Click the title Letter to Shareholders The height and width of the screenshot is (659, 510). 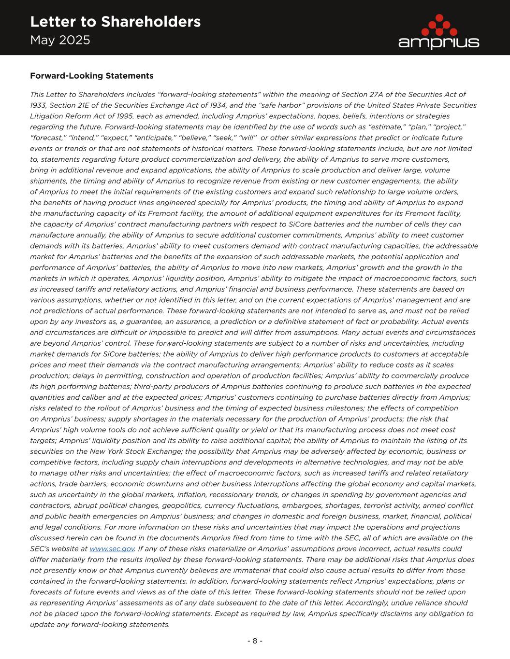(115, 22)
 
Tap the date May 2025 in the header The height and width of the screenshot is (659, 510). (60, 40)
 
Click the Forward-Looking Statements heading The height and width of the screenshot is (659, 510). (91, 76)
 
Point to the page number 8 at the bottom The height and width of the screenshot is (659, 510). (255, 641)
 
